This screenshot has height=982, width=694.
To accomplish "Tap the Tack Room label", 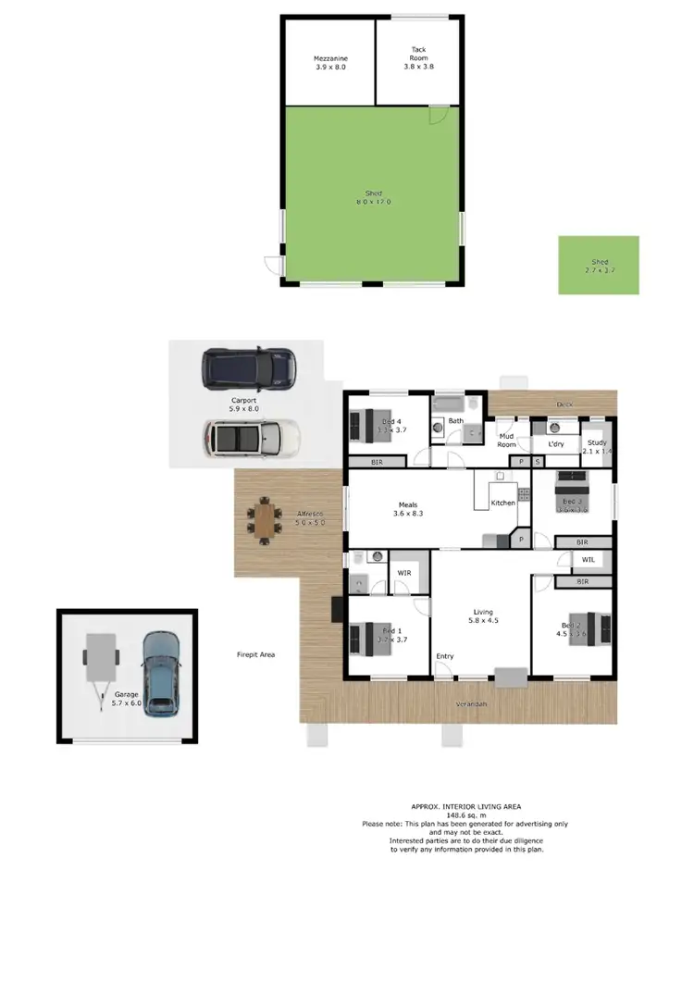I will pos(418,57).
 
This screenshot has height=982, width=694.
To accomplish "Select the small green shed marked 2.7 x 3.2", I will pos(599,265).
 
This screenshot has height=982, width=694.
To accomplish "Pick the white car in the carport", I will pos(252,435).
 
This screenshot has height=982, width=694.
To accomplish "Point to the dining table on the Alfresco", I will pos(264,522).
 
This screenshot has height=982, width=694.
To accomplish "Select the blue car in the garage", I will pos(161,671).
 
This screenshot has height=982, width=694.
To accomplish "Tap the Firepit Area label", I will pos(255,654).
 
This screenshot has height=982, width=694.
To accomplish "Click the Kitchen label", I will pos(503,503).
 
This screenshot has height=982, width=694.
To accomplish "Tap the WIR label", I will pos(404,573).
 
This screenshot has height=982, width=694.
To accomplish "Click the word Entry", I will pos(445,656).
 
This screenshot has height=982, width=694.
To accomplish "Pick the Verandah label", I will pos(471,704).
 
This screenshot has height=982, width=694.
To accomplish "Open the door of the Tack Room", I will pos(439,116).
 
